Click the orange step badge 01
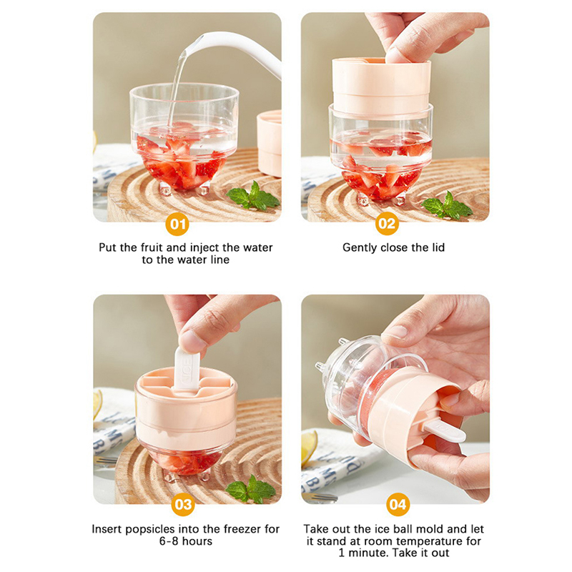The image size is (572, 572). (x=177, y=224)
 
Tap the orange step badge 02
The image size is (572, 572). (x=387, y=223)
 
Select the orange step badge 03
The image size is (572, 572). (x=183, y=505)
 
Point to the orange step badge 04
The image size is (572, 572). (x=398, y=505)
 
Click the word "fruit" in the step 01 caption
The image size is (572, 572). (x=152, y=247)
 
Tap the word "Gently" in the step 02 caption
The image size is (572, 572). (x=360, y=248)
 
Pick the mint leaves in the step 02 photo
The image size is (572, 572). (x=447, y=207)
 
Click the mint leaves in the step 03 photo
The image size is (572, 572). (x=251, y=490)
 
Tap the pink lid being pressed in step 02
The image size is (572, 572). (x=381, y=87)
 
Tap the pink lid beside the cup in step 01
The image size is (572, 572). (x=270, y=144)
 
